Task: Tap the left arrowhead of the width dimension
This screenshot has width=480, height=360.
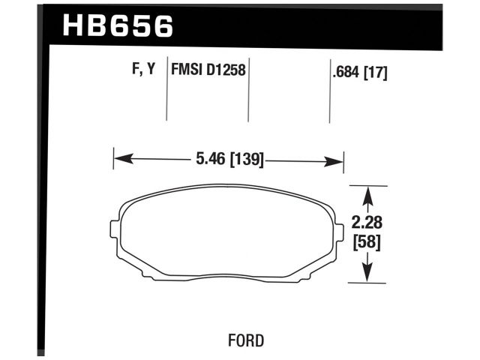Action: pyautogui.click(x=120, y=159)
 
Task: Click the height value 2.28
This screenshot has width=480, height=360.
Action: pyautogui.click(x=367, y=222)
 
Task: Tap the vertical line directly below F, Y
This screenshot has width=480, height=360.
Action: pyautogui.click(x=166, y=101)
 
